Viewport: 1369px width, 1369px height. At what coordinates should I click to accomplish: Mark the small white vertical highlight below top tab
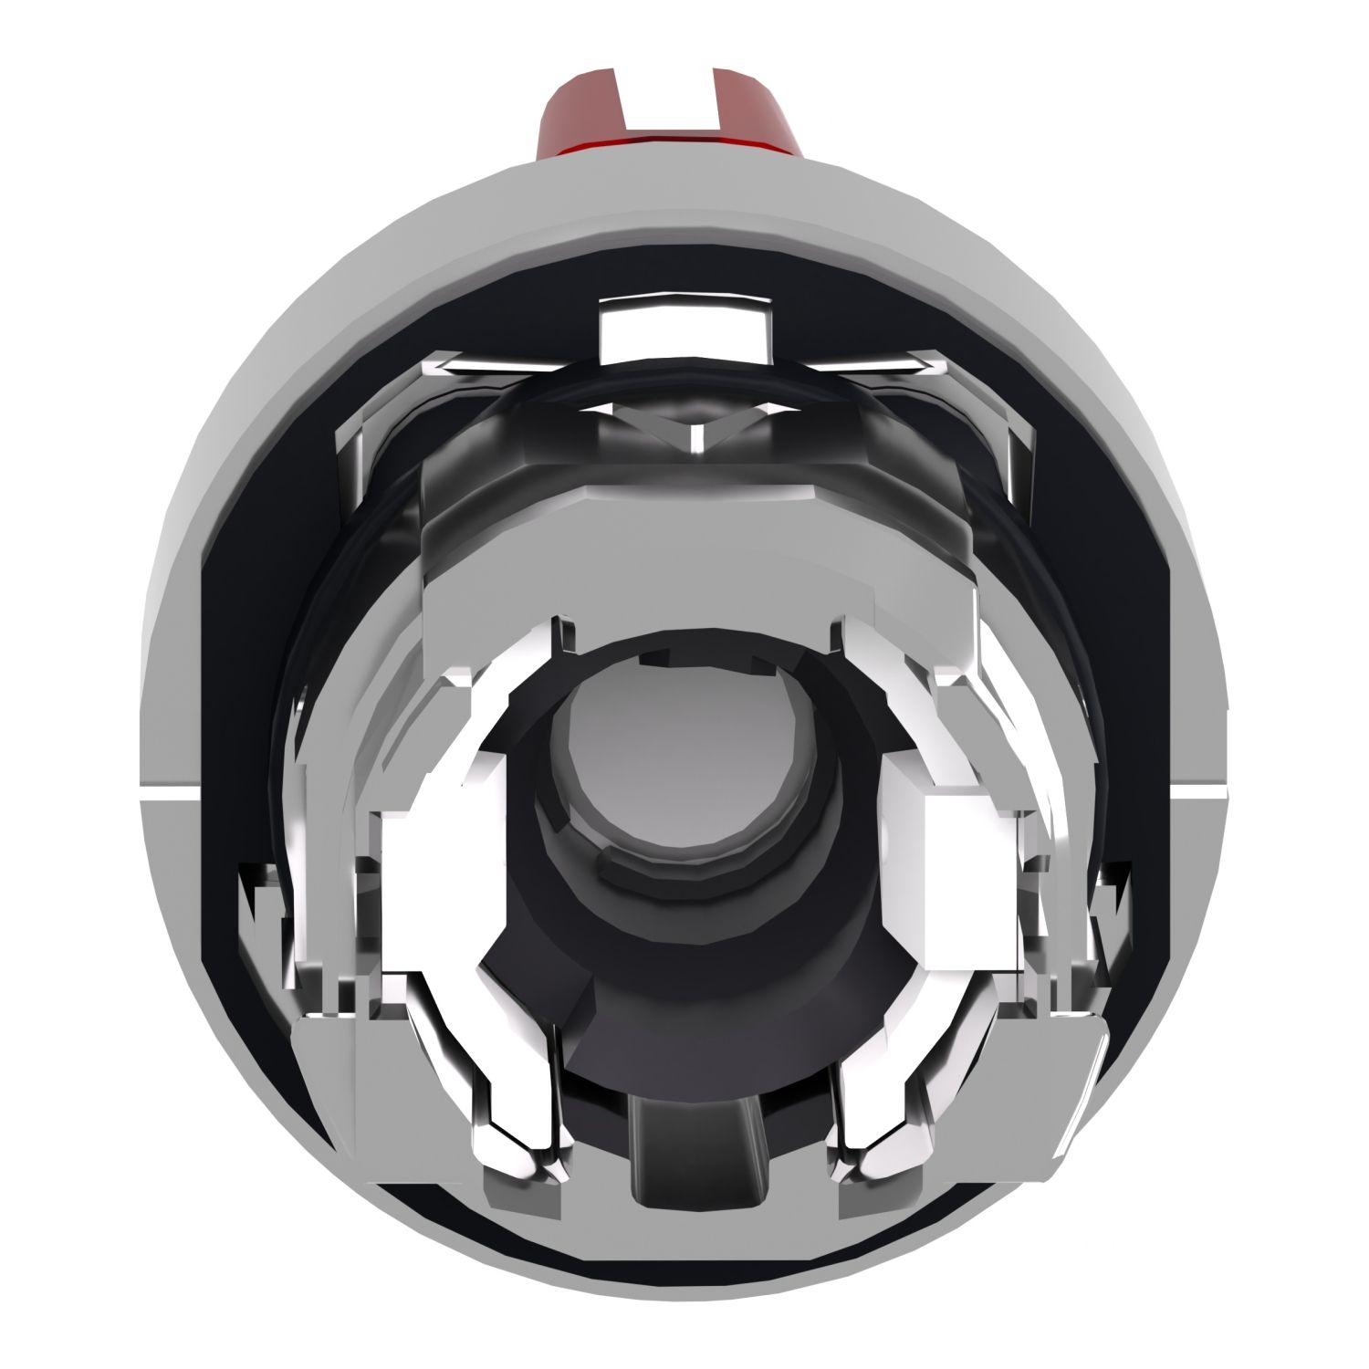point(694,438)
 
